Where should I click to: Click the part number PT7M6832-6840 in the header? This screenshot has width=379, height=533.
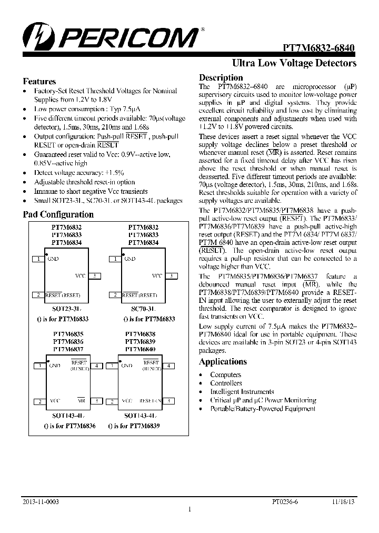point(319,47)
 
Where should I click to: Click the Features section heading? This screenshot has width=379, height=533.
point(39,82)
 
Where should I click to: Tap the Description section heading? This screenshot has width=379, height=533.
point(221,78)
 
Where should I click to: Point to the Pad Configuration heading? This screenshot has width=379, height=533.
point(58,214)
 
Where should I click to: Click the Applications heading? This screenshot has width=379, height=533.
point(223,362)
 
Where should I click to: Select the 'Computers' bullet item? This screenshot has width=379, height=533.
point(226,374)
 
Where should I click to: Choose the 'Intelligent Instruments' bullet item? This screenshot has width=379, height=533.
point(242,392)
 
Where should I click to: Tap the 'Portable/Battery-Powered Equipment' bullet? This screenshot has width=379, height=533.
point(263,409)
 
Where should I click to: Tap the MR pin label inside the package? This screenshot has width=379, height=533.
point(81,401)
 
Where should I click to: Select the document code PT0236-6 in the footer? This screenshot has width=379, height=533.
point(285,502)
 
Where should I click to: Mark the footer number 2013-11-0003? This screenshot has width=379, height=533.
point(41,502)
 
